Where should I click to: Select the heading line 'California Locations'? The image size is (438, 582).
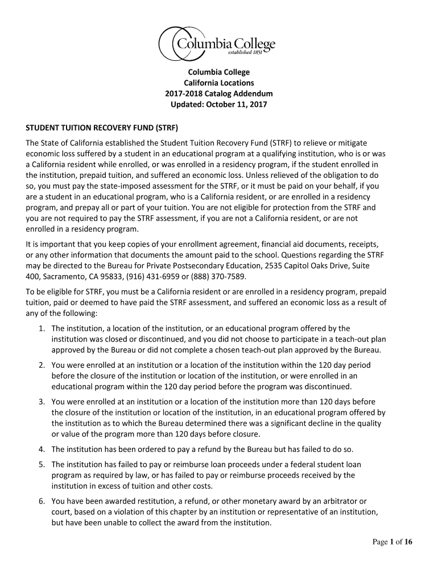click(x=218, y=83)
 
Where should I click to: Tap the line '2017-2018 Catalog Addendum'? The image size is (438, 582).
click(x=218, y=94)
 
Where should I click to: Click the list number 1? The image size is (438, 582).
click(x=43, y=329)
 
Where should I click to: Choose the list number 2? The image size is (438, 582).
click(x=43, y=364)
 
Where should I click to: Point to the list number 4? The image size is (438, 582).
click(x=43, y=449)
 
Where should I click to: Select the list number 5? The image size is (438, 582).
click(x=43, y=464)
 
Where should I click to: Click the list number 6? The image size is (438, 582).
click(x=43, y=501)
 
